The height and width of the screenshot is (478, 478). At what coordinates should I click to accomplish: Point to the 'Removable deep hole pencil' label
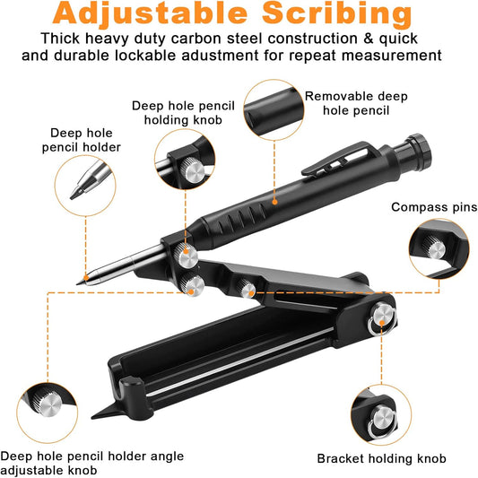[349, 103]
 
